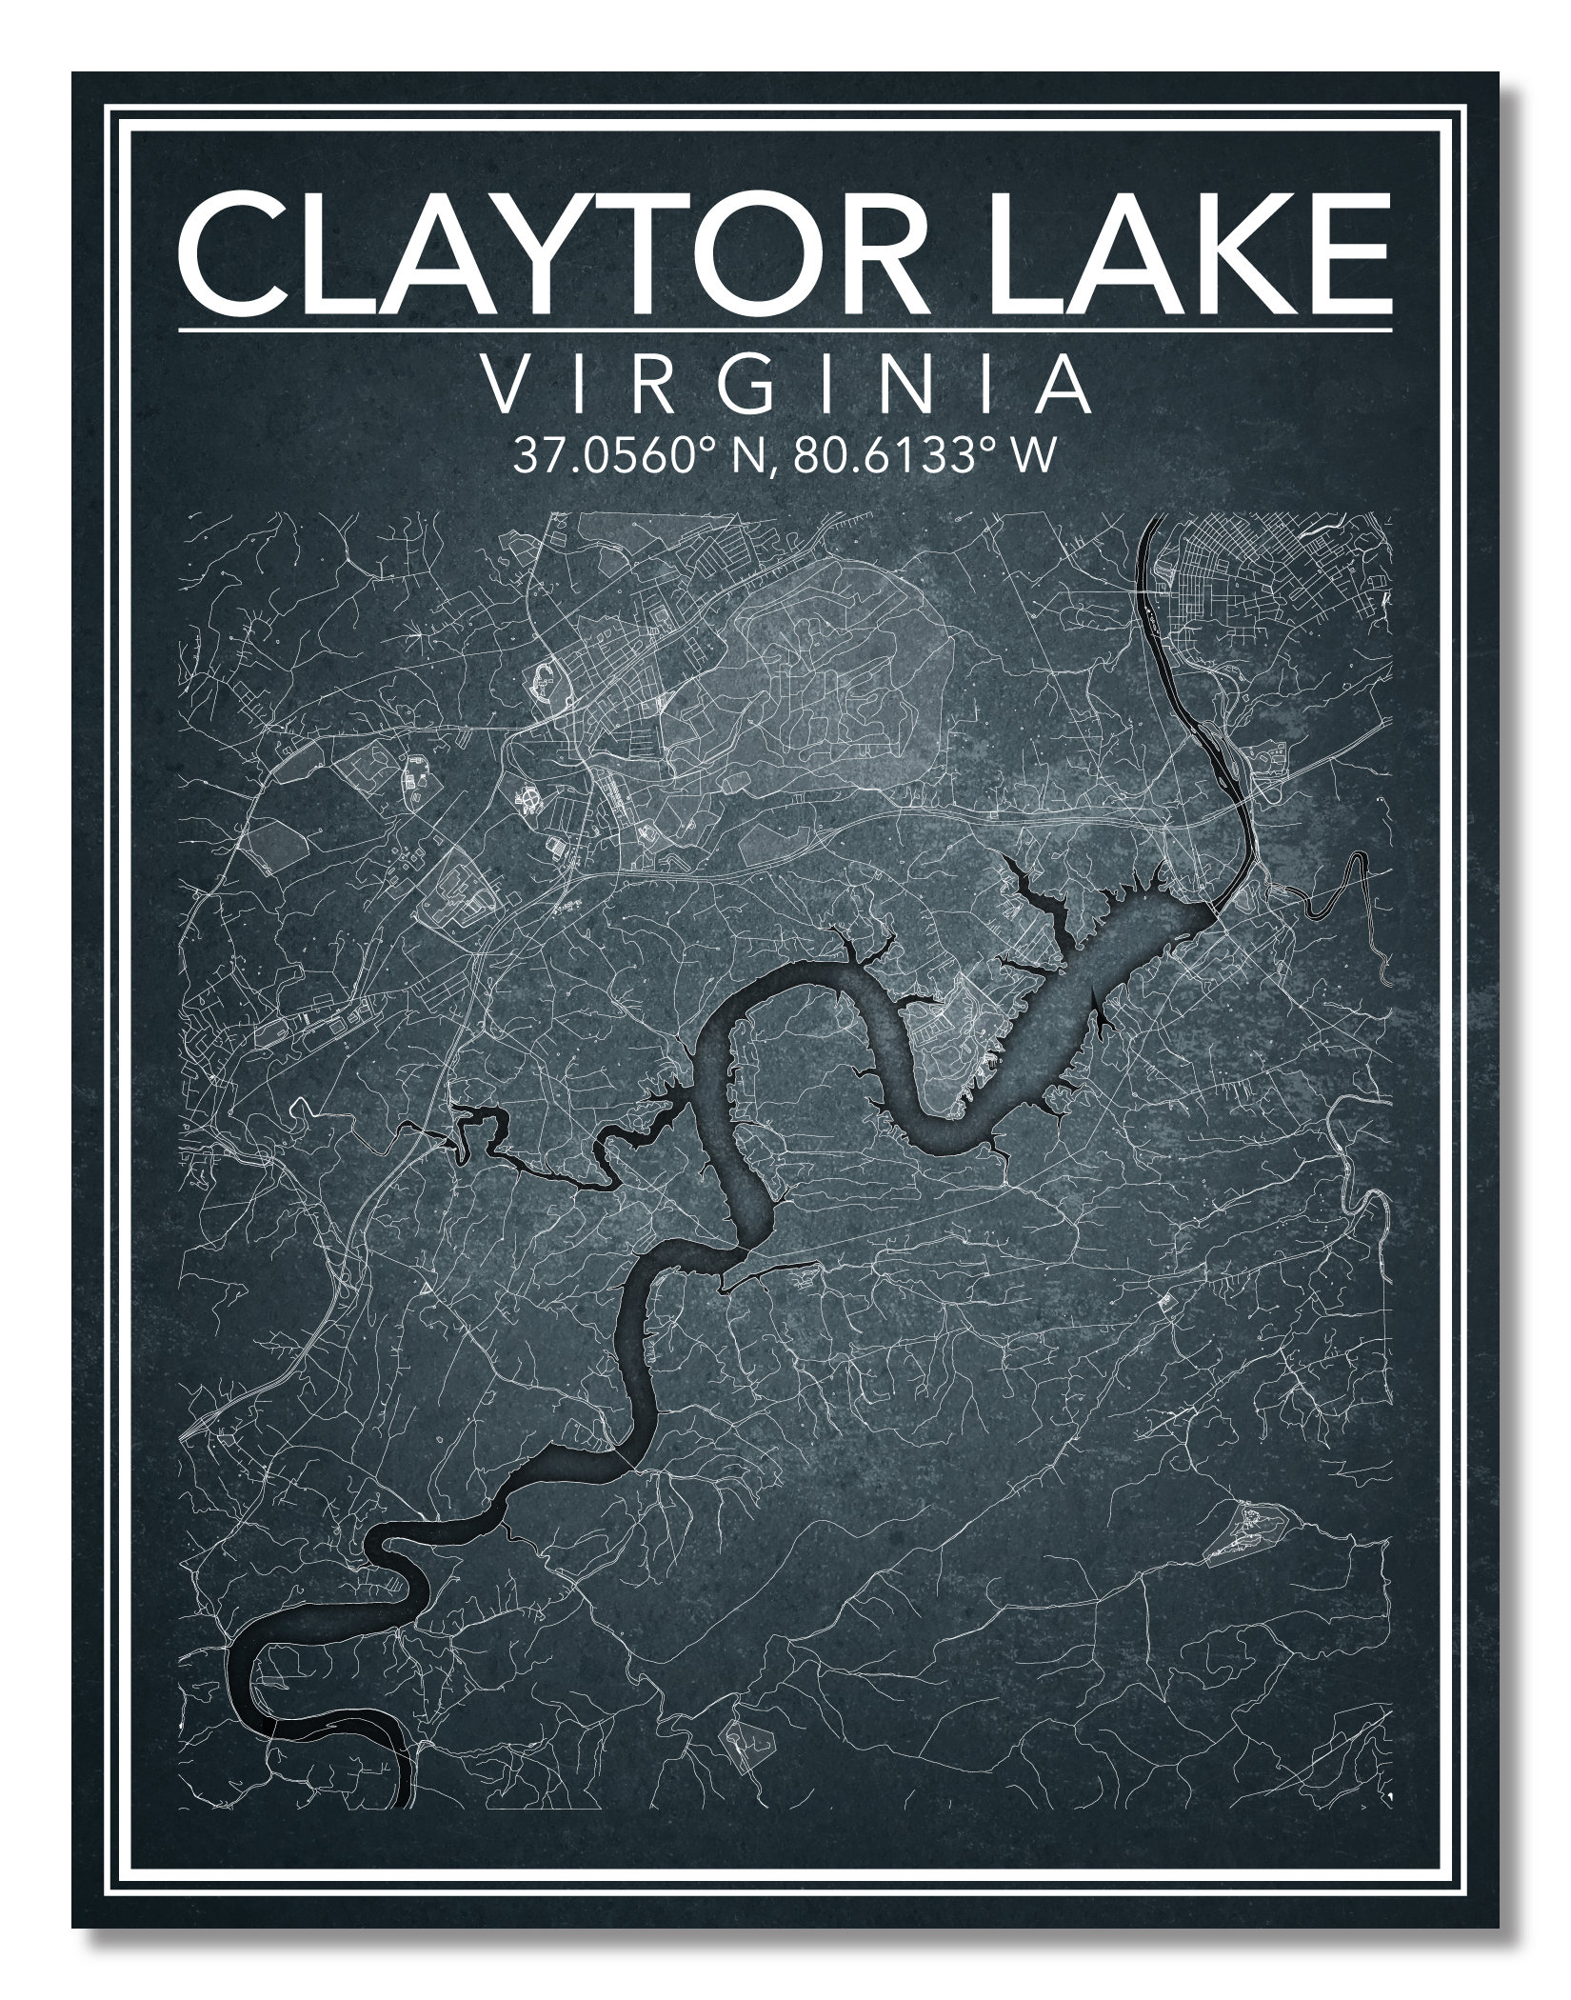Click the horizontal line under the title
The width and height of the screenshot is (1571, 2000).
pyautogui.click(x=785, y=330)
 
